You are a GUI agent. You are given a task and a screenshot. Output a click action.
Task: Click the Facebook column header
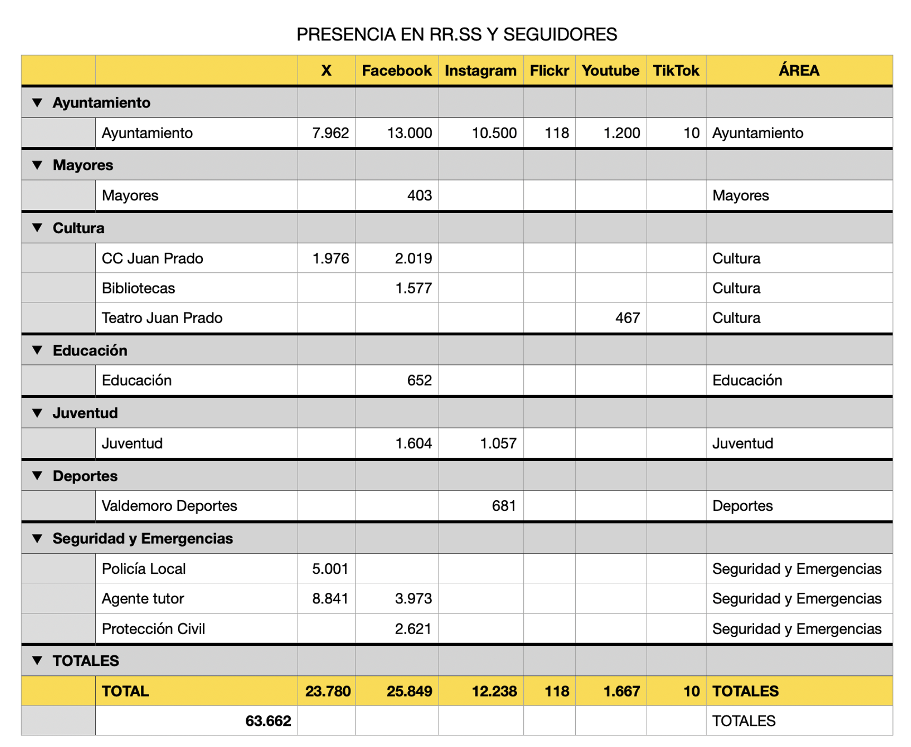click(x=396, y=70)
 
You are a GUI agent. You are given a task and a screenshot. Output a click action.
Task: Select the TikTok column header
click(x=675, y=70)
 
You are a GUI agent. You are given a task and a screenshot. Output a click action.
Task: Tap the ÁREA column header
click(x=798, y=70)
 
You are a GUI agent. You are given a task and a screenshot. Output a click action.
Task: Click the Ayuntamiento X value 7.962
click(x=330, y=133)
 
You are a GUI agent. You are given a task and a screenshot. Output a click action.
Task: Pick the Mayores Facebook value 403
click(x=419, y=195)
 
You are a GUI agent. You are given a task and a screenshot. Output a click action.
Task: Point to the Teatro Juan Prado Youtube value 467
click(x=627, y=318)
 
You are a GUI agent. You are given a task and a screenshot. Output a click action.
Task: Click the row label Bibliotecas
click(x=138, y=288)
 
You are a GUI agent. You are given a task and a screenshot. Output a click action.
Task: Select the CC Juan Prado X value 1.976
click(x=330, y=259)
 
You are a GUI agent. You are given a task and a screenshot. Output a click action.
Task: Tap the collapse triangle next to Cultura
click(x=37, y=228)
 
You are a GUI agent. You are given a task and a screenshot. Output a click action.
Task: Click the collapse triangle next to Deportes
click(x=37, y=476)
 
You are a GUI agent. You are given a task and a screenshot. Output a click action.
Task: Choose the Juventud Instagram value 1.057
click(x=498, y=443)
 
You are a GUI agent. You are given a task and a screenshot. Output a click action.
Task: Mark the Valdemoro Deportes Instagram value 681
click(x=503, y=506)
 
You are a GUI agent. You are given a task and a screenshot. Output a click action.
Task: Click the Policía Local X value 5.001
click(x=330, y=569)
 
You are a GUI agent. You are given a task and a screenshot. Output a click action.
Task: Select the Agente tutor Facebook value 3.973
click(x=413, y=599)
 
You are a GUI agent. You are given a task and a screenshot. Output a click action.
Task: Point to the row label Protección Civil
click(x=153, y=629)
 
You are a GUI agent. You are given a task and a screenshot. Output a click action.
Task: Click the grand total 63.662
click(x=268, y=721)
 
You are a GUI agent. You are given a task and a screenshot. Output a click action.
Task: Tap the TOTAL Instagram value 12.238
click(x=494, y=691)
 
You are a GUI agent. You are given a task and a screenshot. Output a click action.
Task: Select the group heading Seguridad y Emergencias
click(x=142, y=539)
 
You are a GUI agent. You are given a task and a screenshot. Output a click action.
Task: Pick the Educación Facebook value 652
click(x=419, y=380)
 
